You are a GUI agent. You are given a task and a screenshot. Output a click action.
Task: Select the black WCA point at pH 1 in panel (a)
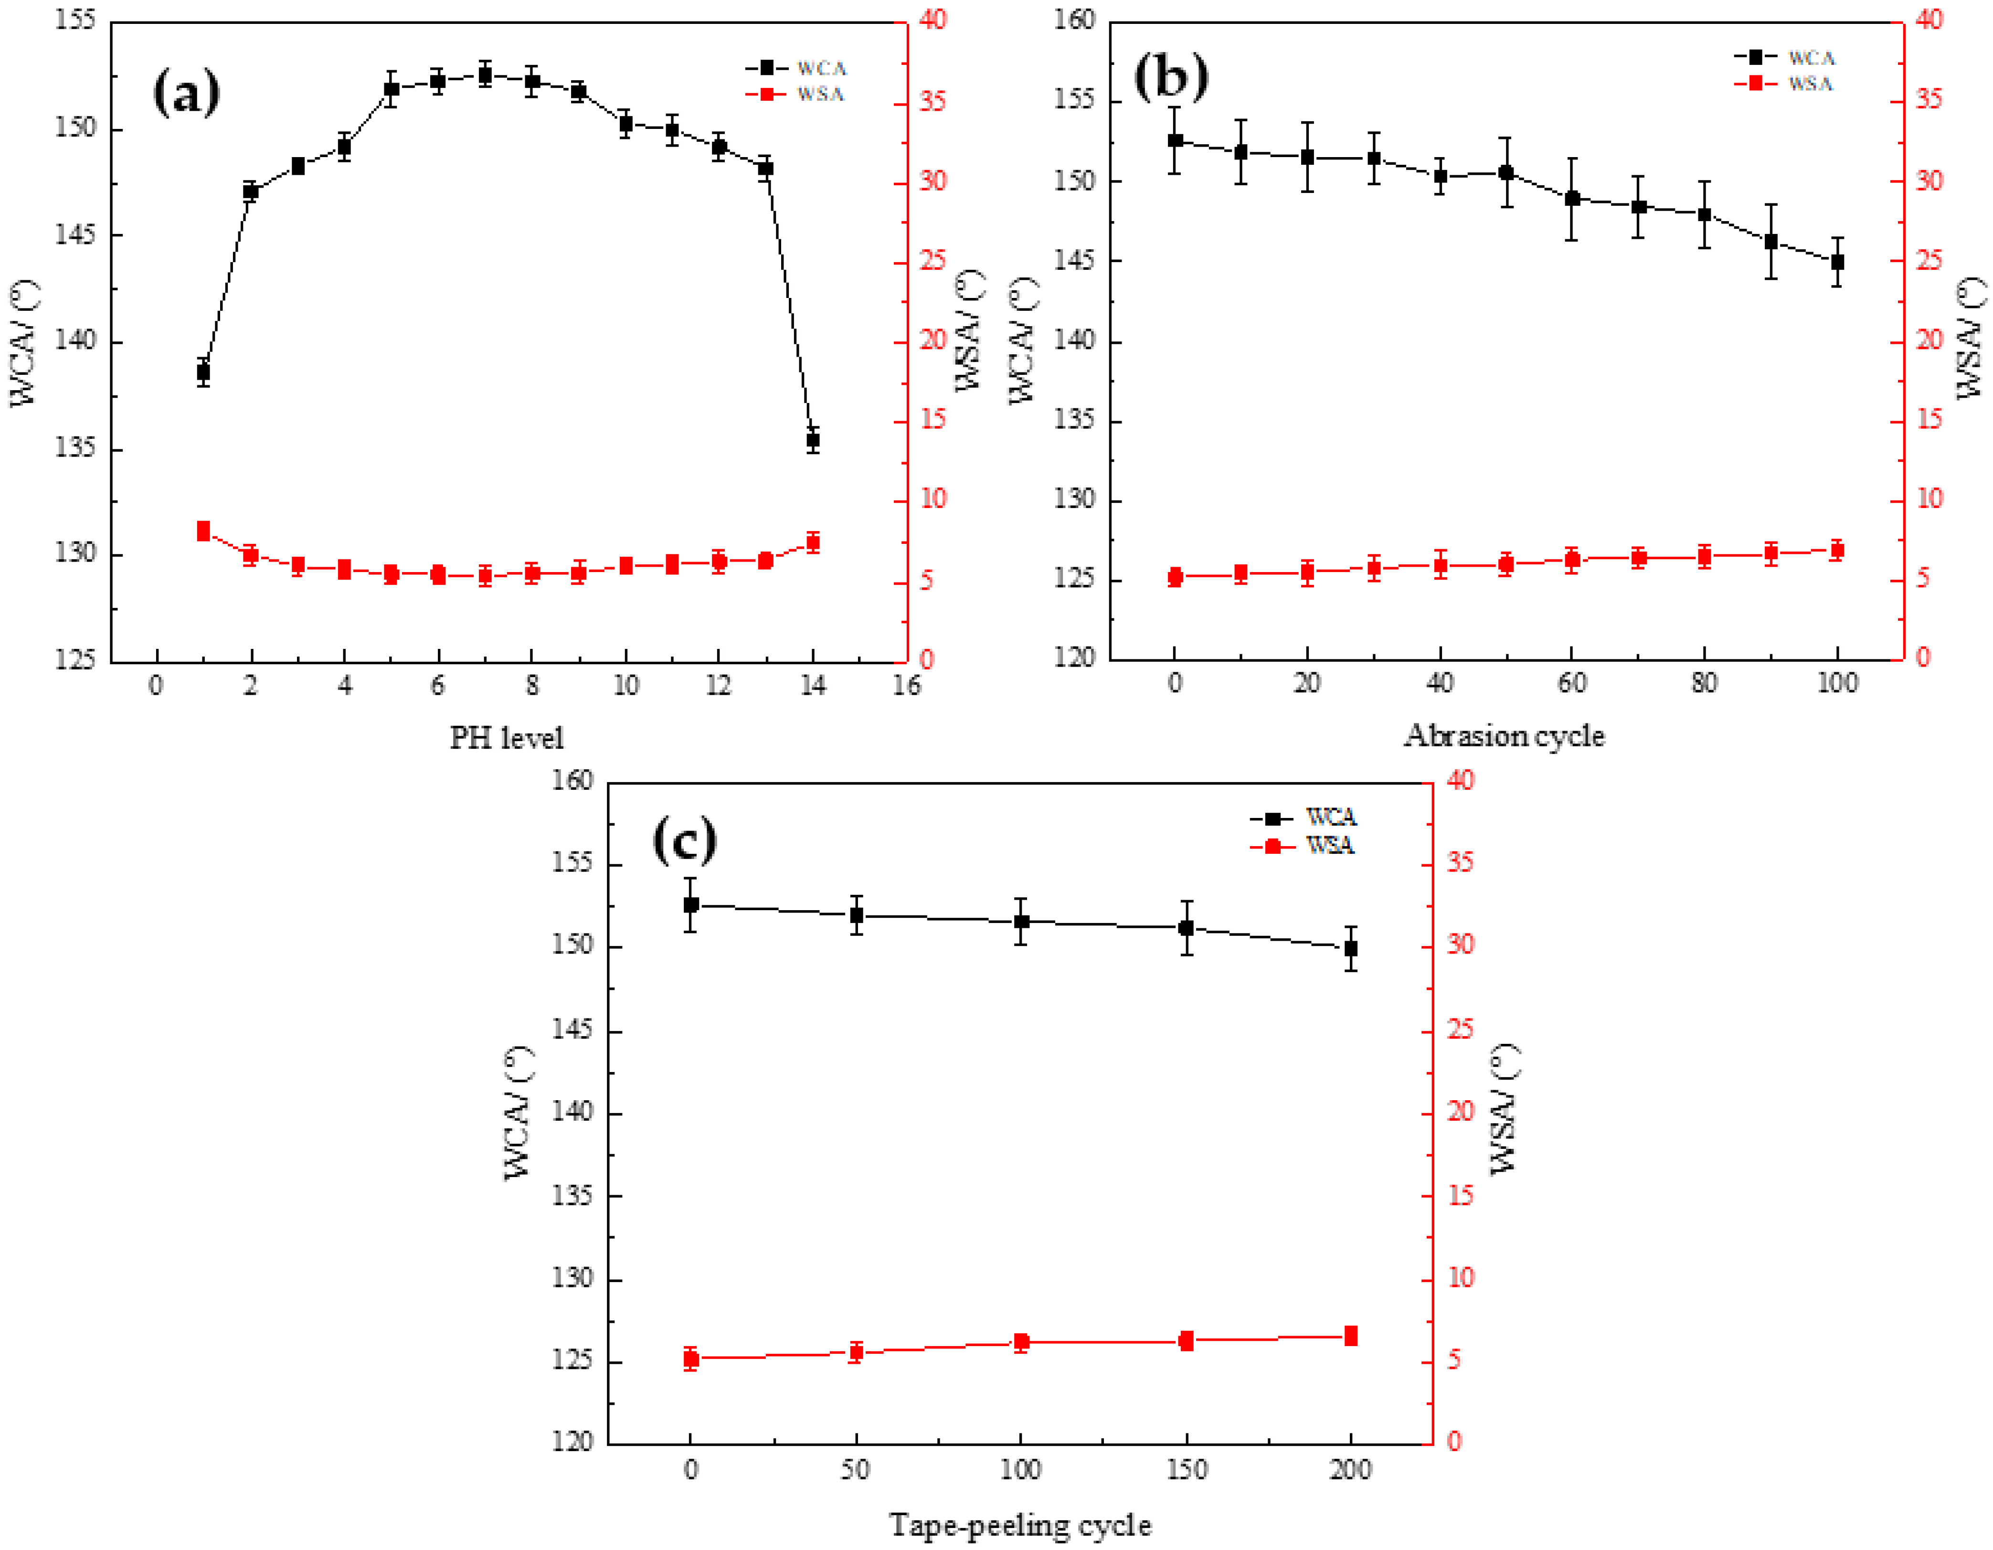coord(203,372)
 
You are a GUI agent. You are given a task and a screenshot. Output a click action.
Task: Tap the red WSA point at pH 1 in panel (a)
coord(203,531)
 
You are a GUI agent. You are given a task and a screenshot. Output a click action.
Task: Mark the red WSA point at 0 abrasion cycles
coord(1176,577)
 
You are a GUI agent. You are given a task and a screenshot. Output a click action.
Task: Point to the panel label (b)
coord(1171,77)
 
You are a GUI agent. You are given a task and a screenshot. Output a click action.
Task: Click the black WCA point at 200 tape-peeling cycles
coord(1351,948)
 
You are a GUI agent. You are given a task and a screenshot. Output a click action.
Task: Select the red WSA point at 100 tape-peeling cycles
coord(1021,1342)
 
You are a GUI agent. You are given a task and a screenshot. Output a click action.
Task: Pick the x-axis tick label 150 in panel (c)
coord(1187,1470)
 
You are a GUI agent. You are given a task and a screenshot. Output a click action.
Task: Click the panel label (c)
coord(684,840)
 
